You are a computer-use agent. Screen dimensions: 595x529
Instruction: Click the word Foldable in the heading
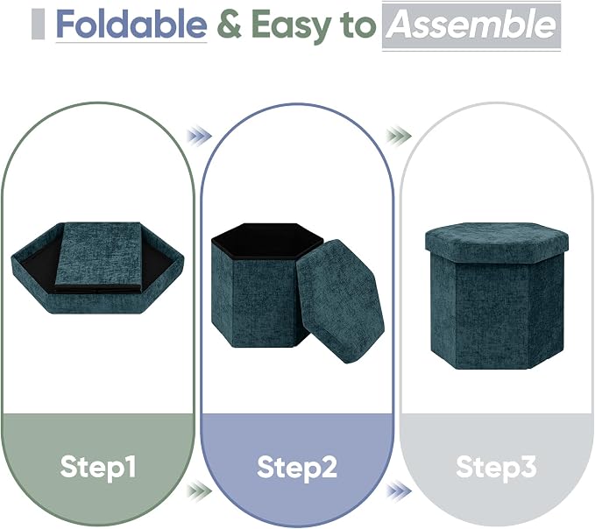(131, 25)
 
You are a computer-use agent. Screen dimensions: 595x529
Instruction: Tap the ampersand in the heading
(230, 25)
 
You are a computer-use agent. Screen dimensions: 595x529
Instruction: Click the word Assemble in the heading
(471, 25)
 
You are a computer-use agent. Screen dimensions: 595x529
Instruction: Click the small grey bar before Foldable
(38, 25)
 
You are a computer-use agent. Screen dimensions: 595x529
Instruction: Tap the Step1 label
(98, 467)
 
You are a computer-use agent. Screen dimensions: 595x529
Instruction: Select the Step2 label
(297, 467)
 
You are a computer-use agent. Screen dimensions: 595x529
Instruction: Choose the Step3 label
(496, 467)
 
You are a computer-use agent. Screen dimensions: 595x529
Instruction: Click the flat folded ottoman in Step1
(97, 268)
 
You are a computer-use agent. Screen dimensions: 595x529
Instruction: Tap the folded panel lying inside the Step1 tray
(99, 257)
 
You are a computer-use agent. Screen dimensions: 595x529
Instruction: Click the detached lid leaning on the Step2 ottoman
(340, 301)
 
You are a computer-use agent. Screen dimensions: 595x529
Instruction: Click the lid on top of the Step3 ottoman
(497, 243)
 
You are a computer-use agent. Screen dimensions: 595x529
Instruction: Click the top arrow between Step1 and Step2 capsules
(199, 136)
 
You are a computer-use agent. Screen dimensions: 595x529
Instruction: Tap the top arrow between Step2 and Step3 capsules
(399, 136)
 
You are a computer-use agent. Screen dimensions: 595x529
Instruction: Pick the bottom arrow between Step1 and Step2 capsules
(199, 491)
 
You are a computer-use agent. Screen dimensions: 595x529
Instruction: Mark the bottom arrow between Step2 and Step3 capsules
(399, 491)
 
